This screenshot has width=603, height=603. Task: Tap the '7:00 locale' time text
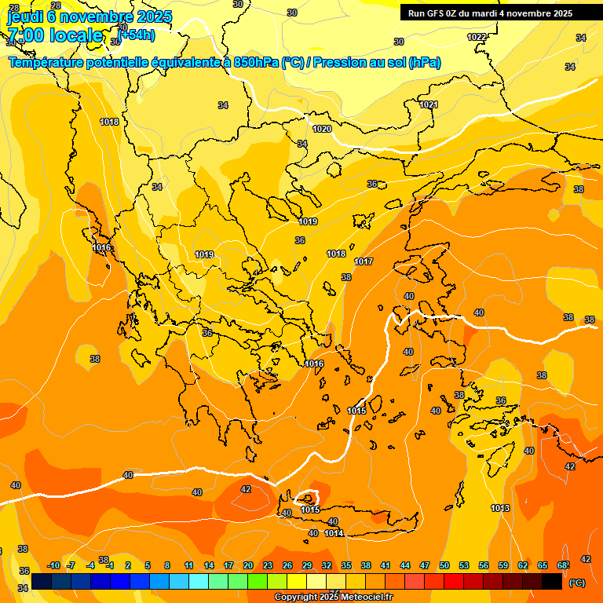coord(55,35)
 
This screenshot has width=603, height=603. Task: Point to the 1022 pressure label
coord(477,37)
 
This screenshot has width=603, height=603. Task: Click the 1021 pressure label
coord(428,104)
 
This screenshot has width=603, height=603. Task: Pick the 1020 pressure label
coord(322,129)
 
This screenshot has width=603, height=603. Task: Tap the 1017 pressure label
coord(364,261)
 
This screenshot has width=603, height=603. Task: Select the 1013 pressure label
coord(500,509)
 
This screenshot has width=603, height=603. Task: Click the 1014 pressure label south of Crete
coord(334,534)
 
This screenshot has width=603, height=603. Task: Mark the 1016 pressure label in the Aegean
coord(314,364)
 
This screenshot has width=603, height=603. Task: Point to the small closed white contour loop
coord(308,497)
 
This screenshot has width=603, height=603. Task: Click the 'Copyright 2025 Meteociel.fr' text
coord(334,597)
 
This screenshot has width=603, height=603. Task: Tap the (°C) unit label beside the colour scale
coord(576,583)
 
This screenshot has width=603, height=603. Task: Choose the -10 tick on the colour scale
coord(53,566)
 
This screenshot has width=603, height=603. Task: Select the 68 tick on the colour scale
coord(562,566)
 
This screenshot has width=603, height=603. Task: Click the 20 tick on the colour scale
coord(248,566)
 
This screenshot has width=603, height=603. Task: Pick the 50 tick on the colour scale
coord(444,566)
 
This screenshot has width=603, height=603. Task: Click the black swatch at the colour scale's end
coord(552,581)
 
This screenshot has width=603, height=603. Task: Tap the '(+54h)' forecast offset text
coord(137,35)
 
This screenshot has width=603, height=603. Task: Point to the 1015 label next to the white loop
coord(310,510)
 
